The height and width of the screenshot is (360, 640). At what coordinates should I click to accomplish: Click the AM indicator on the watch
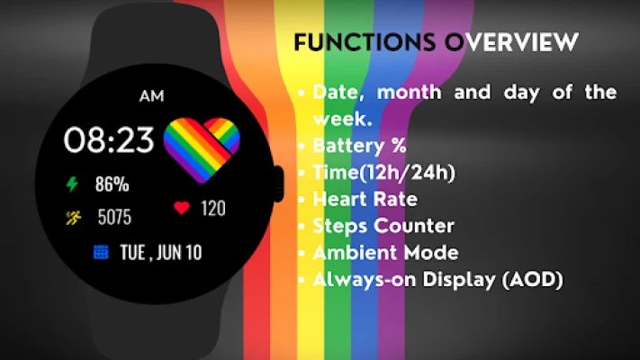tap(152, 96)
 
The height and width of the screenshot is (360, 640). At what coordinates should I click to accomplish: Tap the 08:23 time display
tap(109, 140)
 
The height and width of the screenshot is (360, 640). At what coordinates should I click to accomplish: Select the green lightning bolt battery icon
tap(72, 184)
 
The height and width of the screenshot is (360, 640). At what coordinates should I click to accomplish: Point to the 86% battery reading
tap(113, 184)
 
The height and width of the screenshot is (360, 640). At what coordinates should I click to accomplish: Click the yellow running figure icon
tap(74, 217)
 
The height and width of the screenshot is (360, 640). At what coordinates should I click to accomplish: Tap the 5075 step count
tap(114, 217)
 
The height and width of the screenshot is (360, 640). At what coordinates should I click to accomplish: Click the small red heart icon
tap(182, 208)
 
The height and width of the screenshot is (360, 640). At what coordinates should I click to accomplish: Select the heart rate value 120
tap(213, 208)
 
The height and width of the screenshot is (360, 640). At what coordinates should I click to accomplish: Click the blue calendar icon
tap(101, 252)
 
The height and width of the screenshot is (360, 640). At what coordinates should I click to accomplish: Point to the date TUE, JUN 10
tap(161, 253)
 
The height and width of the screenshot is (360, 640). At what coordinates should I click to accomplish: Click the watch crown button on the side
tap(279, 184)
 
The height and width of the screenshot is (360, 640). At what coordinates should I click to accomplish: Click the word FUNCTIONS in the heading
tap(365, 42)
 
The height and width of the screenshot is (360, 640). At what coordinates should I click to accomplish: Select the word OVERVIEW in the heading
tap(511, 42)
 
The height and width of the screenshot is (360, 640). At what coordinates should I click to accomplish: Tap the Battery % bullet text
tap(359, 146)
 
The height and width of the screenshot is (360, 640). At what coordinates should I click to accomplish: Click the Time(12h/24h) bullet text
tap(383, 173)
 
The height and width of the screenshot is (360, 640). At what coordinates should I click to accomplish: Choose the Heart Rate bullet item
tap(365, 200)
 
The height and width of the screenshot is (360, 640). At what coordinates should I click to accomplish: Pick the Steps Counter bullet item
tap(383, 226)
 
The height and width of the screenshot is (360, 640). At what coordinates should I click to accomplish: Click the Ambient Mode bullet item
tap(386, 253)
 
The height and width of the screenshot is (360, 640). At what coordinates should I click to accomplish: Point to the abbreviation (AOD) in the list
tap(533, 280)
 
